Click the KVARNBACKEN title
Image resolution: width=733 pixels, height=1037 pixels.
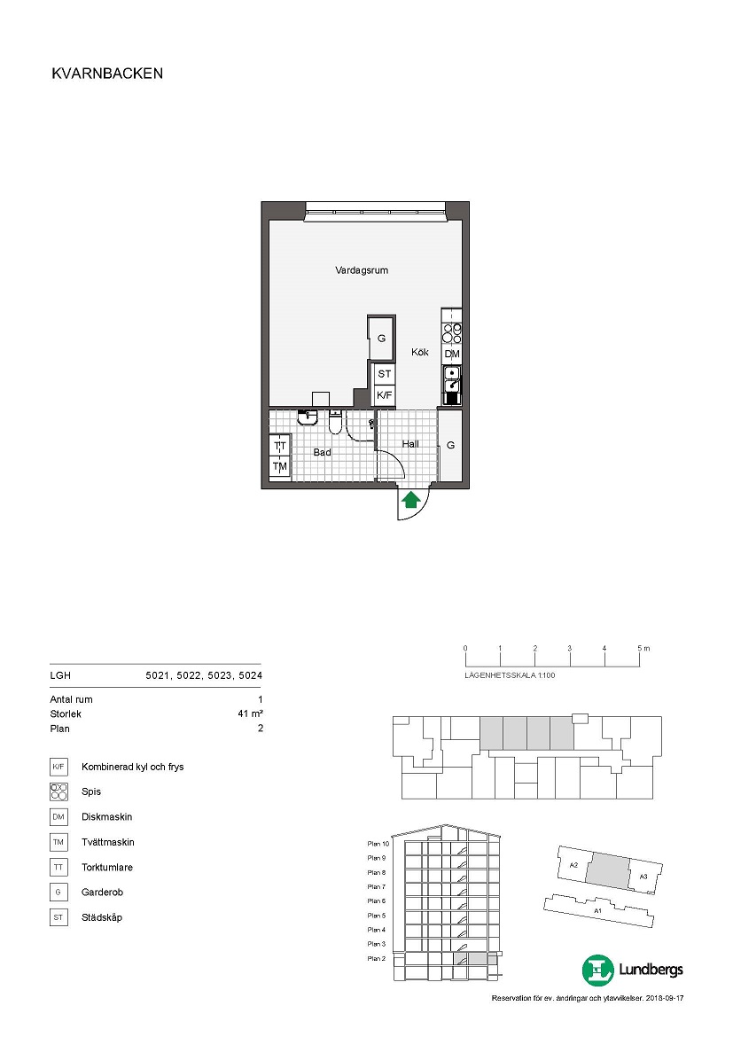[107, 74]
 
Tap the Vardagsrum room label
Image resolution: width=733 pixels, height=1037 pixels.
[362, 269]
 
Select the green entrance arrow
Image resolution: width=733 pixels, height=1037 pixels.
[411, 500]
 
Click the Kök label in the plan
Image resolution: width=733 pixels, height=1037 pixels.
[419, 352]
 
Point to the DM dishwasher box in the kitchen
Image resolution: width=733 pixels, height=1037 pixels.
[452, 354]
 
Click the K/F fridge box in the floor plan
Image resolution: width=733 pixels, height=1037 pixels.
[385, 394]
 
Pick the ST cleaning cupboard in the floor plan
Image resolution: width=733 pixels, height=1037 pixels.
[385, 374]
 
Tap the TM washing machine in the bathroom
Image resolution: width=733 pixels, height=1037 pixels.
[280, 466]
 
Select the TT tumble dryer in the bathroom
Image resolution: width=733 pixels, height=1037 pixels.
[280, 447]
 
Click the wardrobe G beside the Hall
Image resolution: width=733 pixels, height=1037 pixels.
[450, 445]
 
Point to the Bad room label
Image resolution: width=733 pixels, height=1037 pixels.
[322, 452]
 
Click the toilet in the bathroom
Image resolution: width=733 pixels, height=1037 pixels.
[335, 421]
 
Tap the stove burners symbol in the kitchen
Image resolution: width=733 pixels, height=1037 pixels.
[452, 333]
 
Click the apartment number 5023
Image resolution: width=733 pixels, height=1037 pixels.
[220, 675]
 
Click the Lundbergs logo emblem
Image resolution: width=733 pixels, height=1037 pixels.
[598, 971]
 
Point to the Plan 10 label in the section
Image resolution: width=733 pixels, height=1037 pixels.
[378, 844]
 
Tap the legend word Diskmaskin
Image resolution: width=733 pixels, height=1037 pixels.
[106, 817]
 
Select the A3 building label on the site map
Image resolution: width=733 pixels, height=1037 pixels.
[643, 877]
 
